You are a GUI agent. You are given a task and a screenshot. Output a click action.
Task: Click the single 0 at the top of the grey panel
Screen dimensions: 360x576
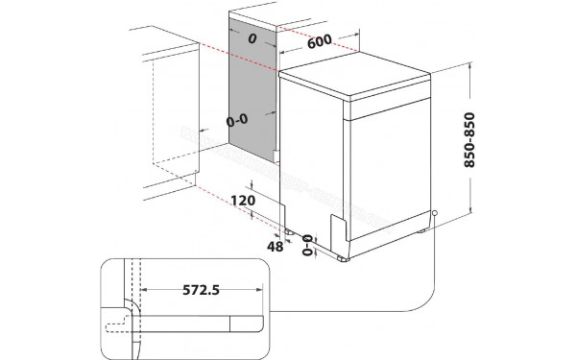click(x=252, y=40)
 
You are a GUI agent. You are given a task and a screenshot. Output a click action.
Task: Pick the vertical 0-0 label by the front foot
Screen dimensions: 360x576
click(x=307, y=247)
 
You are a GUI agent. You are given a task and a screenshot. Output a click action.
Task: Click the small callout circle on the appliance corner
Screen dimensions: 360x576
click(x=434, y=214)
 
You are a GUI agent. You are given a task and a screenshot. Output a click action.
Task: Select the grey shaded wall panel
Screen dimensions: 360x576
click(x=252, y=91)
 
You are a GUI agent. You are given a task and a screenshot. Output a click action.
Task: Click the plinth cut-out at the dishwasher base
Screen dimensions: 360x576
click(x=338, y=229)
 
